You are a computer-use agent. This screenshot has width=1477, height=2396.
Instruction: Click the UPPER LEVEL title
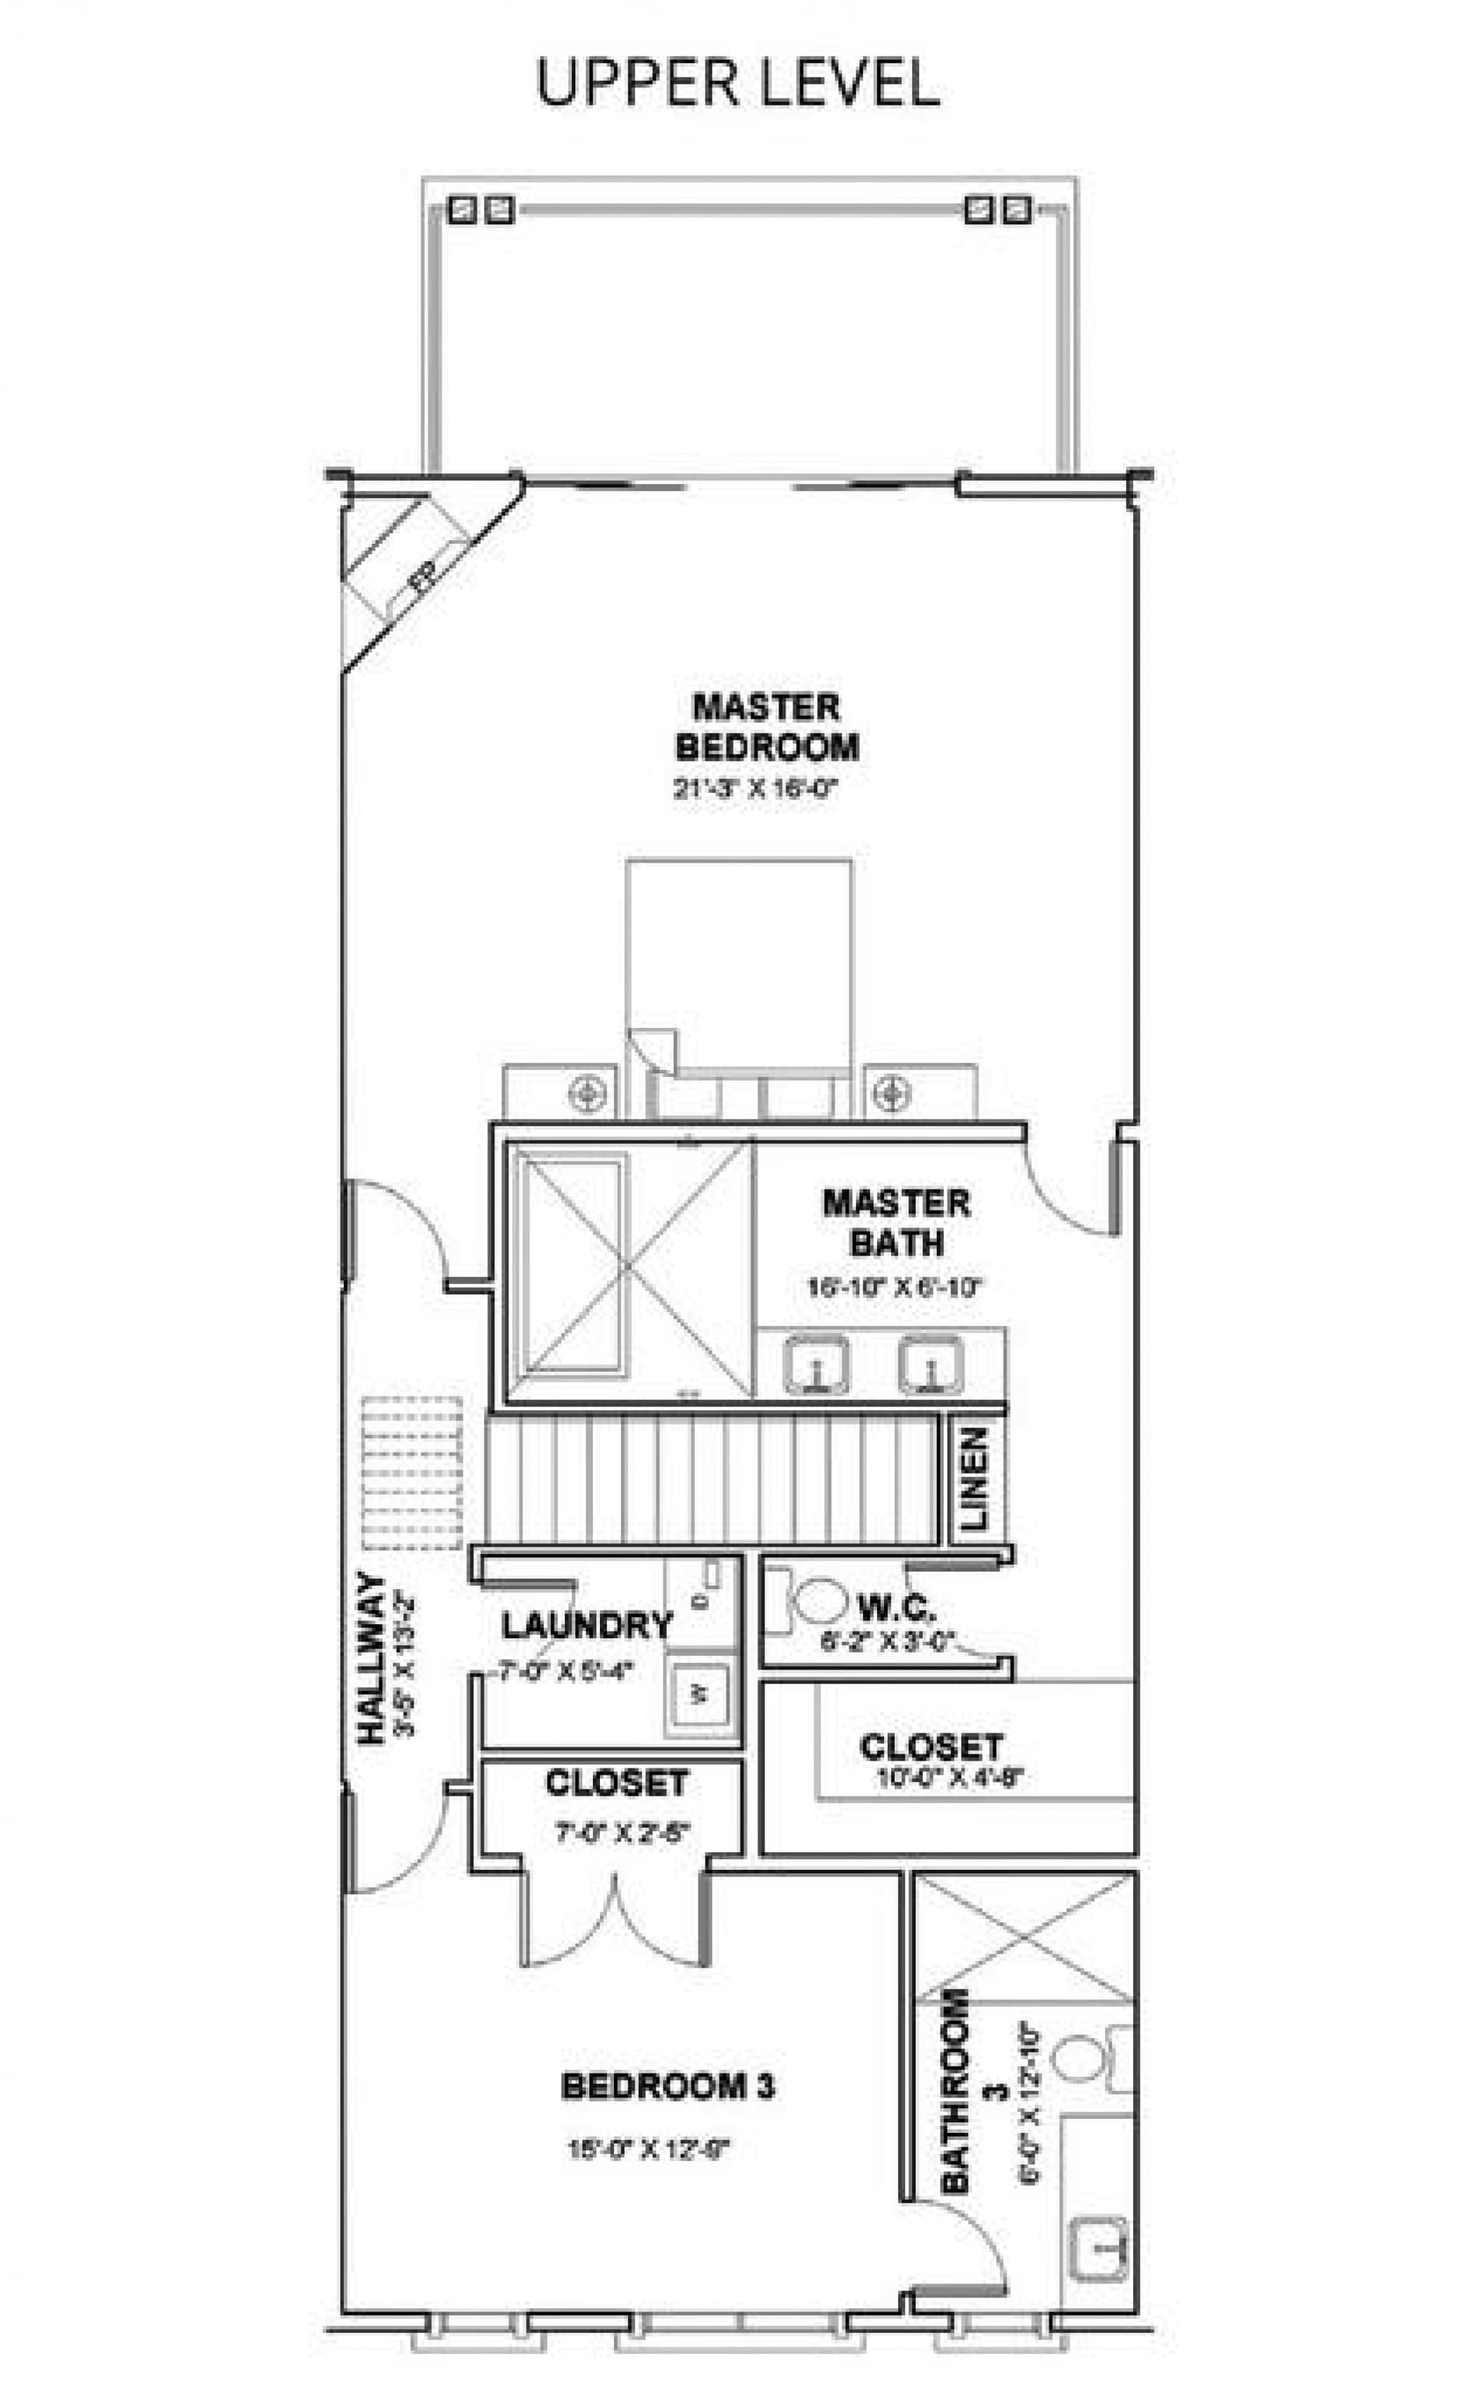[738, 83]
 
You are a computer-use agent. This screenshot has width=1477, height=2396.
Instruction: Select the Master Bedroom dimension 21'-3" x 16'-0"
[755, 789]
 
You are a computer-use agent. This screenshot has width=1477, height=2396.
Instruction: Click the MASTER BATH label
[895, 1223]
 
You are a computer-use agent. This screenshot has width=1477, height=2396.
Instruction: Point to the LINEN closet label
[975, 1479]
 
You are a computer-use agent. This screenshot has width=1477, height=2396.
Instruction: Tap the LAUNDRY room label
[587, 1625]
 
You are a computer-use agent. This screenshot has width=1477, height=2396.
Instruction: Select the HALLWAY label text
[372, 1657]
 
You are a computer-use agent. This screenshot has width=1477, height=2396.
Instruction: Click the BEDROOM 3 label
[668, 2087]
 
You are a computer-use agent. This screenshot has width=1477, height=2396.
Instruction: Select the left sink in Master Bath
[815, 1364]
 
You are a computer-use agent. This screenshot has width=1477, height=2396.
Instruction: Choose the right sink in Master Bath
[931, 1364]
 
